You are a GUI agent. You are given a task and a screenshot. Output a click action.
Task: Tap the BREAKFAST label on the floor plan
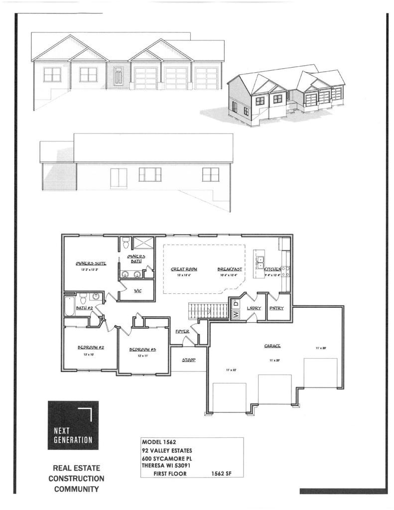230,269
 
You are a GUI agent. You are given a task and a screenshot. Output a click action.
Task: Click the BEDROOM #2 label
90,347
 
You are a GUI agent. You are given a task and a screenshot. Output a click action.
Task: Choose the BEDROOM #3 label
143,350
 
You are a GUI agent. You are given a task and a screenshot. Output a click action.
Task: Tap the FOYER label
182,331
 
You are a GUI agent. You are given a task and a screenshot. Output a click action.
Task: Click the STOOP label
188,359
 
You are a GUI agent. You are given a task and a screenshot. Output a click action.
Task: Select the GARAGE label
272,346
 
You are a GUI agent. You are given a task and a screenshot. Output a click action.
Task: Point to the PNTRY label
276,308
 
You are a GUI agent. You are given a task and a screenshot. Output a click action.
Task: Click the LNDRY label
254,308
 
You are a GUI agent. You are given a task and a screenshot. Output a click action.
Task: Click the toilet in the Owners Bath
126,243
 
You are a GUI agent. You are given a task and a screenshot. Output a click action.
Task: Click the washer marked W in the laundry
236,314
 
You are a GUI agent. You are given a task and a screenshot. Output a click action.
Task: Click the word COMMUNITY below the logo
76,489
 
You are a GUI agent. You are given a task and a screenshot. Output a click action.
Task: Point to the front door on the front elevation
118,77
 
